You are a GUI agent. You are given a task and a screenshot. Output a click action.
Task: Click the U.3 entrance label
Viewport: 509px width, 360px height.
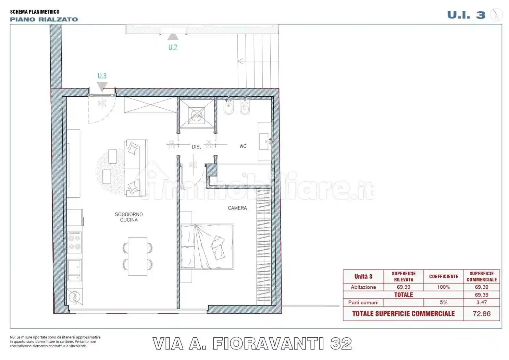tap(102, 76)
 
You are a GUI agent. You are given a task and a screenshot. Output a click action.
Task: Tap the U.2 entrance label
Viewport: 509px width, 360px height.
tap(173, 47)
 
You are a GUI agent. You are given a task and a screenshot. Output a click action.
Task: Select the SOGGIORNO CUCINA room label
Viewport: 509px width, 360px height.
tap(129, 217)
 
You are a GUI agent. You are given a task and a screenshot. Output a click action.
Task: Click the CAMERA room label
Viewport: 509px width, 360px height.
tap(237, 208)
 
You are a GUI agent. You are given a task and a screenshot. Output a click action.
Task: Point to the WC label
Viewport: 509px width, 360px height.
tap(243, 146)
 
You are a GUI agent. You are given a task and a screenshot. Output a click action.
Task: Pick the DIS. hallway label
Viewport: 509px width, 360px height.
tap(196, 147)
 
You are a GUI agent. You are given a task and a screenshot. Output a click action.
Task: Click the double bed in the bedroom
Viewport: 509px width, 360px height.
tap(207, 246)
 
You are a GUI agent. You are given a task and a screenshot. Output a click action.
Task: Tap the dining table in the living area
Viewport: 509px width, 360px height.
tap(137, 256)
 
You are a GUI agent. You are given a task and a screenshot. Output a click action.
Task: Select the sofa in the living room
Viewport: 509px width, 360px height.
tap(135, 168)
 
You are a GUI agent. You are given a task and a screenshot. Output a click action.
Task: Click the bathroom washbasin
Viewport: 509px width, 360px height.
tap(265, 142)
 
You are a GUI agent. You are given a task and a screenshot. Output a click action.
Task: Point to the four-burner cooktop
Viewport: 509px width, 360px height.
tap(74, 242)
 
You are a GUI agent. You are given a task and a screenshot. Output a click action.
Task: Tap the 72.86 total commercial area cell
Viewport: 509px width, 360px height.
tap(481, 314)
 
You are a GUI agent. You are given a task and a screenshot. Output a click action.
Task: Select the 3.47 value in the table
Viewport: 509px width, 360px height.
tap(481, 302)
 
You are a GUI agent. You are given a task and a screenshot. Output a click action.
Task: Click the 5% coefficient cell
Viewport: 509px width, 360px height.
tap(444, 302)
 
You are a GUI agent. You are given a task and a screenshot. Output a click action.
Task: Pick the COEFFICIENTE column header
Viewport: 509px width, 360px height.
tap(444, 276)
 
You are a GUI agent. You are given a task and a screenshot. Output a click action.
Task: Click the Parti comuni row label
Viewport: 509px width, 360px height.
tap(363, 302)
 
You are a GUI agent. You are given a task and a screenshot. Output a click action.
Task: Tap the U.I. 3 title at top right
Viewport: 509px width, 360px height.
tap(466, 15)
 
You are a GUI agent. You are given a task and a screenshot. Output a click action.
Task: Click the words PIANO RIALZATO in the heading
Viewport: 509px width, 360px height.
tap(44, 20)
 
